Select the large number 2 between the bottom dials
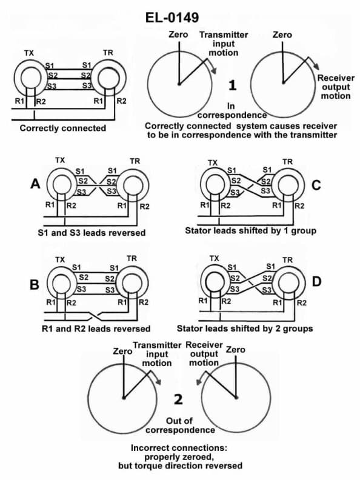178,399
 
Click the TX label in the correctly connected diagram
28,53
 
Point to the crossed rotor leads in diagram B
91,315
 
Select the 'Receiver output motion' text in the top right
334,87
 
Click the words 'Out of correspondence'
190,425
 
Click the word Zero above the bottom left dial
123,351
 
